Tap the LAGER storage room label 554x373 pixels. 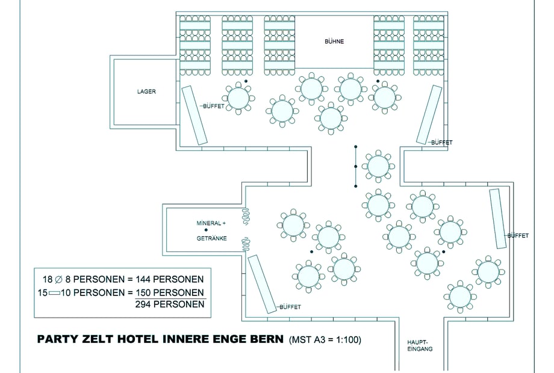[x=146, y=91]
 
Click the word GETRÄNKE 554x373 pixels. [x=211, y=238]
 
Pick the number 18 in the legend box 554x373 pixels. [x=48, y=279]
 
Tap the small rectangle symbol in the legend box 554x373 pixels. [x=57, y=292]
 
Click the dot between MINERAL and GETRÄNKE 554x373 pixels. [x=206, y=230]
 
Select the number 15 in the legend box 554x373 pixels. [x=42, y=292]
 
